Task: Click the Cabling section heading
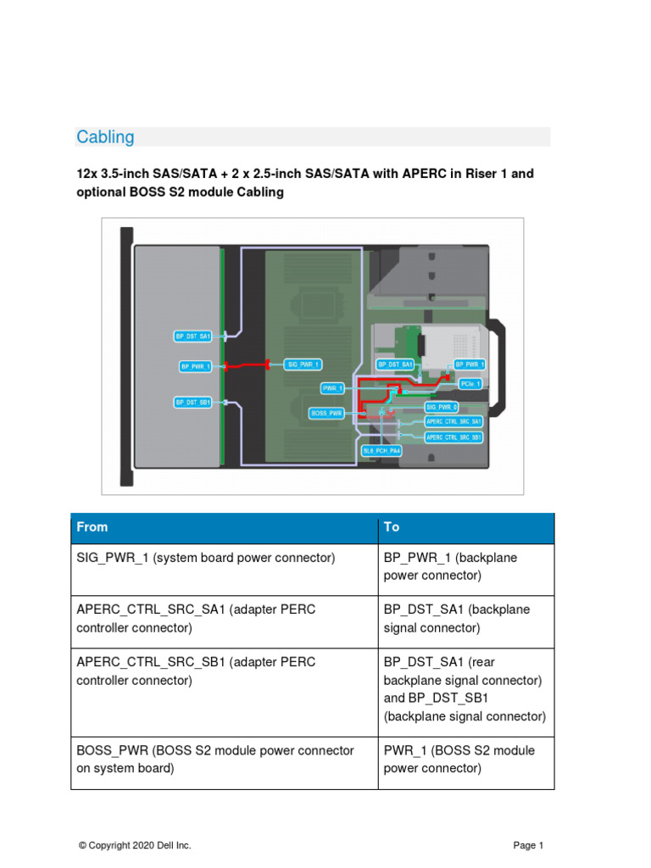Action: point(105,137)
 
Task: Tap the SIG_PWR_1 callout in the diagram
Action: point(303,364)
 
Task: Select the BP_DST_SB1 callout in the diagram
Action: point(192,402)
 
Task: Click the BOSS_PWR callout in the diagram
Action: point(325,413)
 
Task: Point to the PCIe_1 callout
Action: point(470,384)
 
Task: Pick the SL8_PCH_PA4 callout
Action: point(381,451)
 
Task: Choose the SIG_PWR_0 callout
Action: point(441,408)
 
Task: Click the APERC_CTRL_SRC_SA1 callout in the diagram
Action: point(453,420)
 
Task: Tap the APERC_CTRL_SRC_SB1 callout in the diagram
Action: point(453,437)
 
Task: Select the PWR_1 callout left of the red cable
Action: point(332,387)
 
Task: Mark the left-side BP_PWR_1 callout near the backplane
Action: point(194,366)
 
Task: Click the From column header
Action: point(92,527)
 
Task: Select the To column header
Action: point(392,527)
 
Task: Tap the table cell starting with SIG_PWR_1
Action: point(206,558)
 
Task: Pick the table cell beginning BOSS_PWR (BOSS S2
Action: point(215,759)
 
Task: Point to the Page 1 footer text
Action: point(528,845)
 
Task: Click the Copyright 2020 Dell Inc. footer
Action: point(135,845)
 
